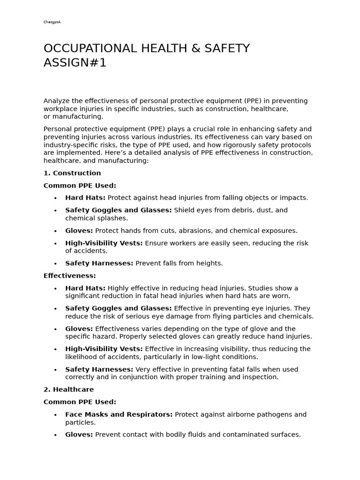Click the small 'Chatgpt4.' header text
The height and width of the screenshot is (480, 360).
[52, 22]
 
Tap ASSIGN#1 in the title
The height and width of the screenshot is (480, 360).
[75, 63]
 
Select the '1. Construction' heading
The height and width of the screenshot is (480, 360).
[72, 173]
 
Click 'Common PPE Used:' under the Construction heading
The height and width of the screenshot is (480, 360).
[80, 186]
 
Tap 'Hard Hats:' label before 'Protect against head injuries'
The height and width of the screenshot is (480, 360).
[85, 198]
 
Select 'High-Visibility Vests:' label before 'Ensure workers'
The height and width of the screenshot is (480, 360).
[104, 243]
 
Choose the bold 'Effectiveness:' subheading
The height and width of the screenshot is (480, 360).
[69, 276]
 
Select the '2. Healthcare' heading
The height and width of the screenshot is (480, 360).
[68, 390]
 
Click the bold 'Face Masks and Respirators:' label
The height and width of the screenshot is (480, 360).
[119, 414]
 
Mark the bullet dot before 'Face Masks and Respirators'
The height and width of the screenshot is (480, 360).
[55, 415]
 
